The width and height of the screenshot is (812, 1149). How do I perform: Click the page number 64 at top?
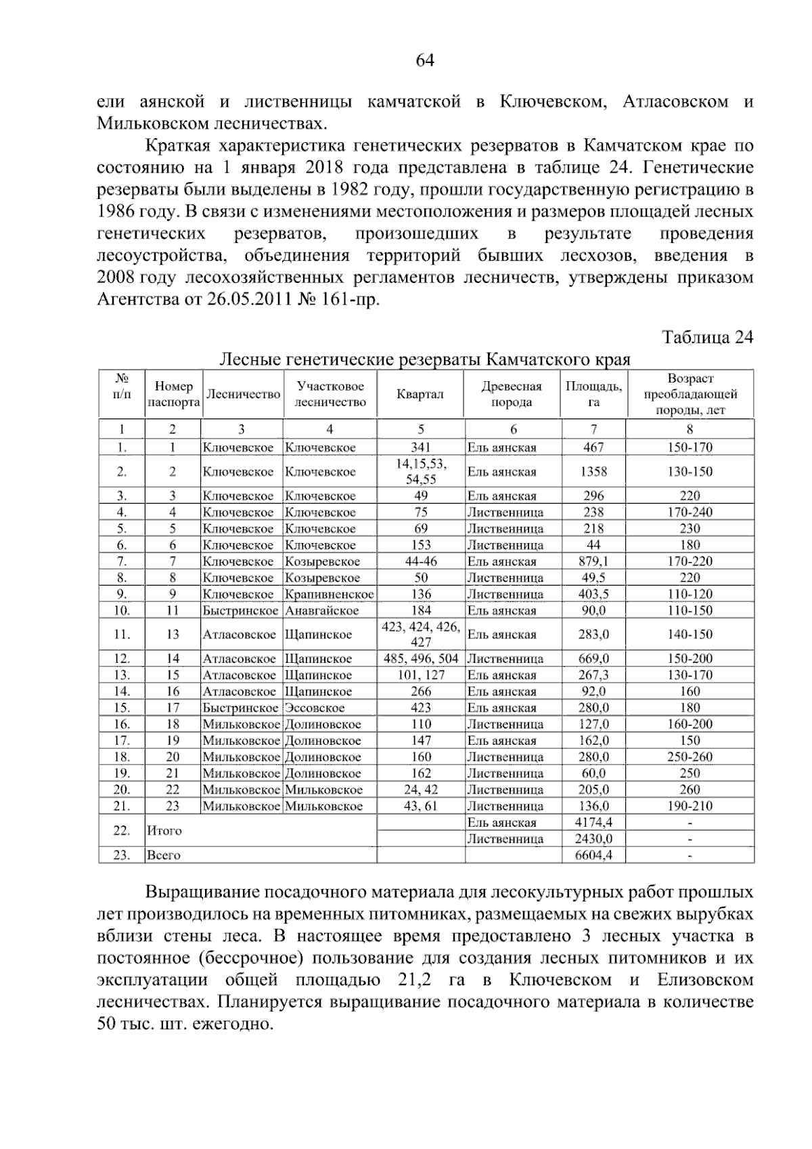[424, 61]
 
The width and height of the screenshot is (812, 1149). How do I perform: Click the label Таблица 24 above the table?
[707, 337]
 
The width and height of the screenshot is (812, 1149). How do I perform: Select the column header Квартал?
[420, 394]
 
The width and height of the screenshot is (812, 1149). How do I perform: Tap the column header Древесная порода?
[512, 394]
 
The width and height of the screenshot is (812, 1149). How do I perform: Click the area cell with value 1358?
[593, 472]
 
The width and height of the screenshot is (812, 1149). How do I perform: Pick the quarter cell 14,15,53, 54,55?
[420, 472]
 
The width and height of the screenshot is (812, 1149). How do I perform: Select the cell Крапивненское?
[329, 594]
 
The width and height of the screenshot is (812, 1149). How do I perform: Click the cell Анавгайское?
[321, 611]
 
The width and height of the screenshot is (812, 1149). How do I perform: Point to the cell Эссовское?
[315, 708]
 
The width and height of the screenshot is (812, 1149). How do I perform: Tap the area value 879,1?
[593, 561]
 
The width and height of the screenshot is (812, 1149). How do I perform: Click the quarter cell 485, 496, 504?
[420, 659]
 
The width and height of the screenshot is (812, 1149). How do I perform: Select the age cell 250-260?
[689, 757]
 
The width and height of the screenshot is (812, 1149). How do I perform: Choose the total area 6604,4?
[593, 855]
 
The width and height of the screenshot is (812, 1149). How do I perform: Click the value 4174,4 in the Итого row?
[593, 823]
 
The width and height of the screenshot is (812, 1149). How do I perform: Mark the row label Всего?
[164, 855]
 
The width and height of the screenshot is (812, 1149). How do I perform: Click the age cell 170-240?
[689, 513]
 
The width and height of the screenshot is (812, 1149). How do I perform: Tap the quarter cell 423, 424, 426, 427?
[420, 634]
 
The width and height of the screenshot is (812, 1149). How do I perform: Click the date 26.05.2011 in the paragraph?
[246, 299]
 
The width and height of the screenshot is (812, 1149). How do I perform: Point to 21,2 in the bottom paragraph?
[418, 980]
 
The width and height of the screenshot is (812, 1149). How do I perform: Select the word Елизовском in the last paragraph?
[704, 980]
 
